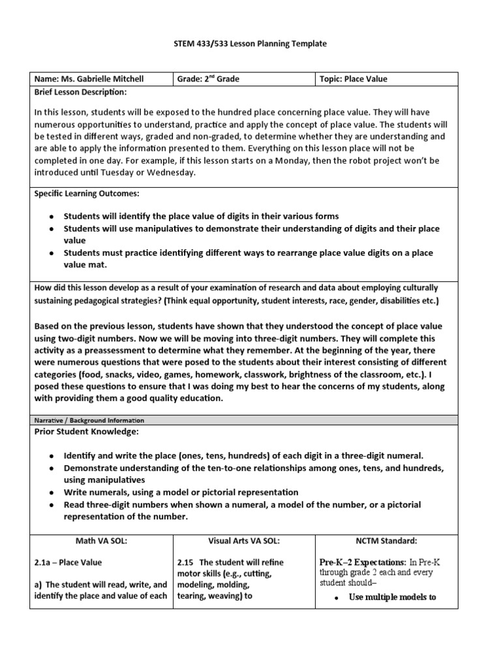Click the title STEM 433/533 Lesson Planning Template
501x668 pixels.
click(x=250, y=44)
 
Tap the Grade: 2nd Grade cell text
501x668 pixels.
click(x=209, y=79)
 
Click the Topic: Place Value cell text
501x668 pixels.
click(x=353, y=79)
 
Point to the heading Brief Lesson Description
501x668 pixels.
click(x=81, y=92)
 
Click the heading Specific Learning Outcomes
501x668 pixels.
click(x=87, y=194)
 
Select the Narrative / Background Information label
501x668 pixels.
click(x=89, y=421)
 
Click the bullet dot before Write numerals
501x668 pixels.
click(x=51, y=493)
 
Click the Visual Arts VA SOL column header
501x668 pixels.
click(x=243, y=541)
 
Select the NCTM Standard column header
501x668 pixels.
click(x=386, y=541)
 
